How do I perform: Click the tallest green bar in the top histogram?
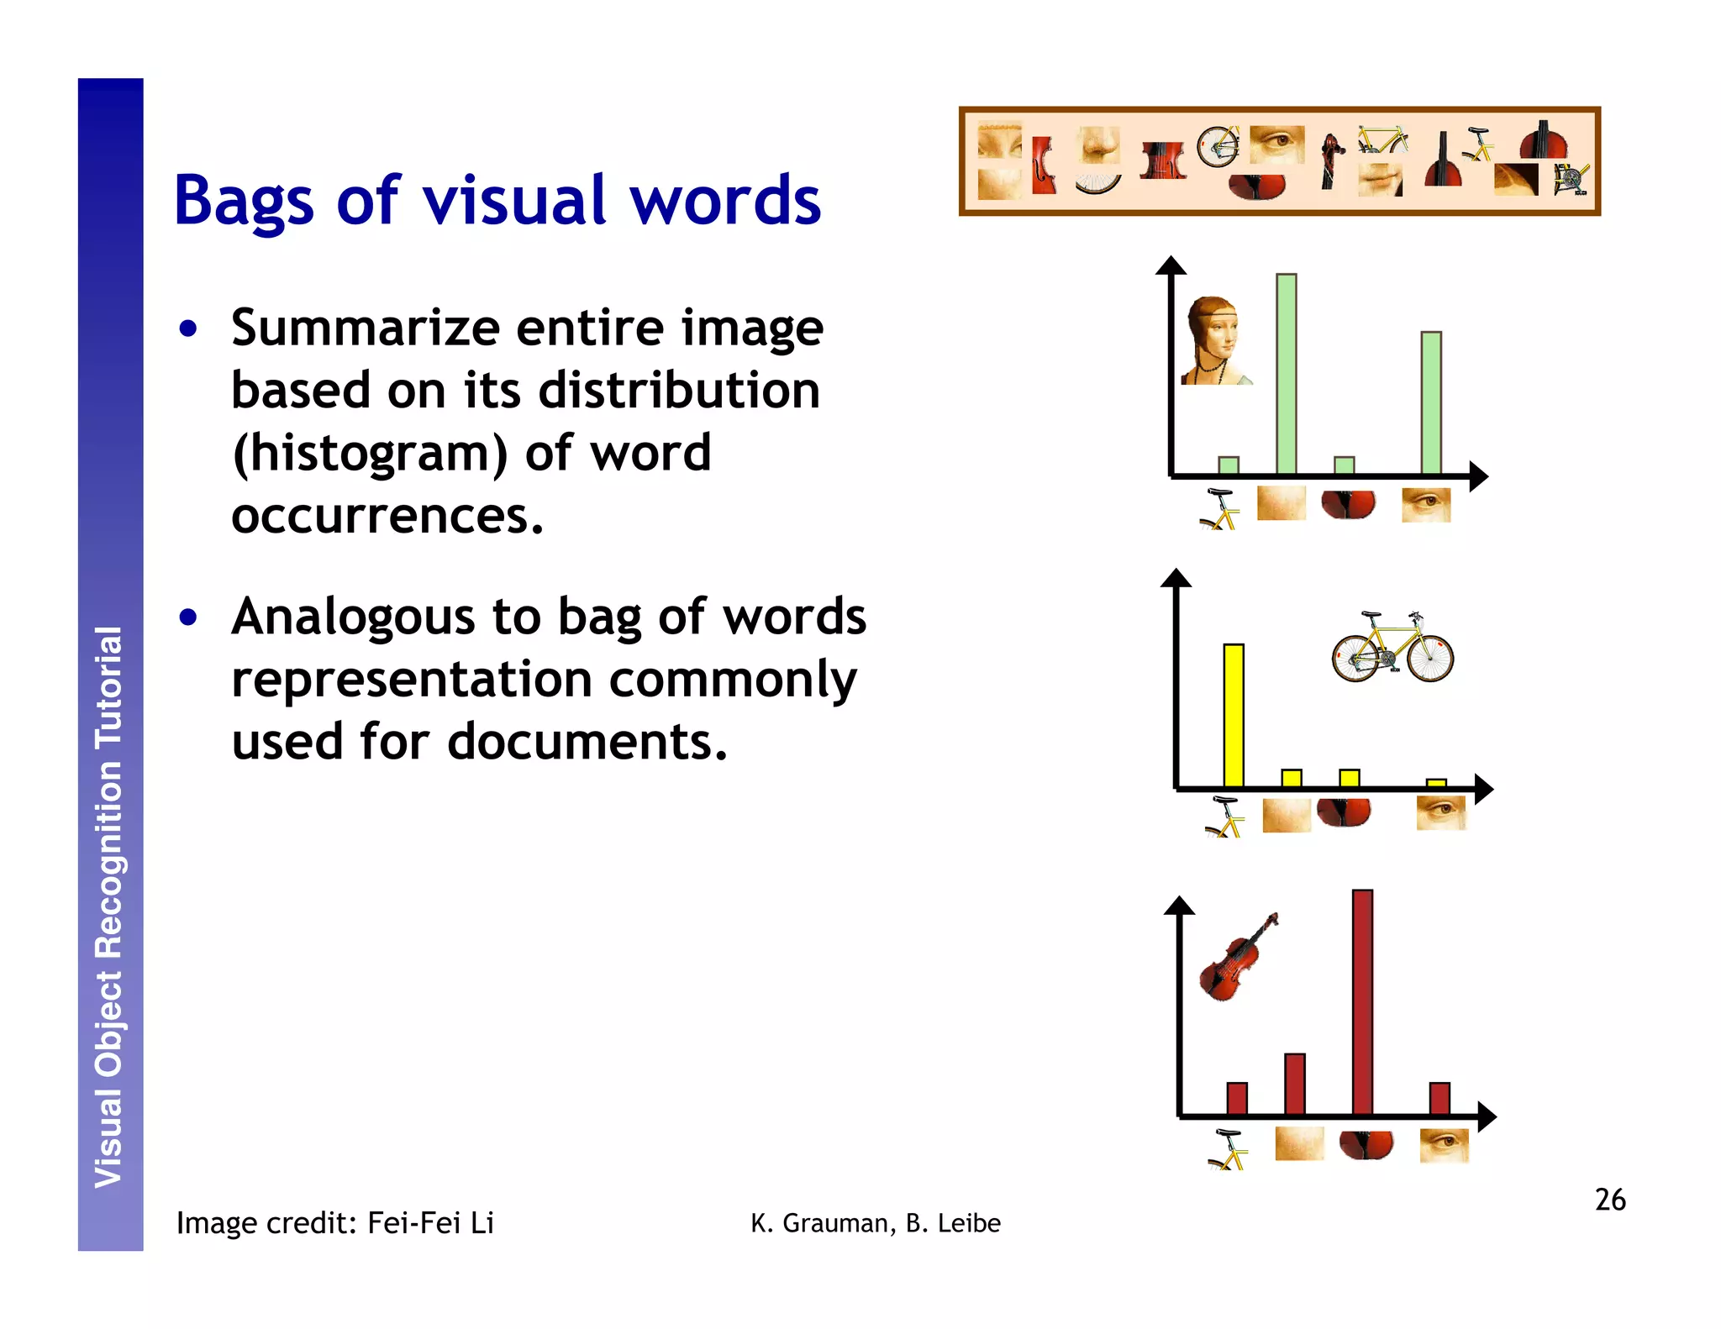point(1286,374)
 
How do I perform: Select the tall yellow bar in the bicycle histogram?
point(1234,715)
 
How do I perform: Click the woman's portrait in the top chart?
point(1213,341)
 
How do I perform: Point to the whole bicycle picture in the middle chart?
point(1392,647)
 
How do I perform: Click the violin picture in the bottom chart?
point(1237,958)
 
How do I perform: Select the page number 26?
point(1609,1200)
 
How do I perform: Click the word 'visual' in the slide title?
point(513,202)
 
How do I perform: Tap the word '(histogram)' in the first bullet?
point(370,454)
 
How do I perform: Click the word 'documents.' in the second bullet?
point(587,742)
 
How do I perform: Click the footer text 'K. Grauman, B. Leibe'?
point(876,1224)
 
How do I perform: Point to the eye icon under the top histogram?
point(1426,505)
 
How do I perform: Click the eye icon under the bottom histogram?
point(1444,1145)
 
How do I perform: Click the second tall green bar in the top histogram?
point(1430,403)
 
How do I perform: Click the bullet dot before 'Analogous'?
point(188,617)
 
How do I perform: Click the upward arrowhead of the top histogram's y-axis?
point(1171,265)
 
